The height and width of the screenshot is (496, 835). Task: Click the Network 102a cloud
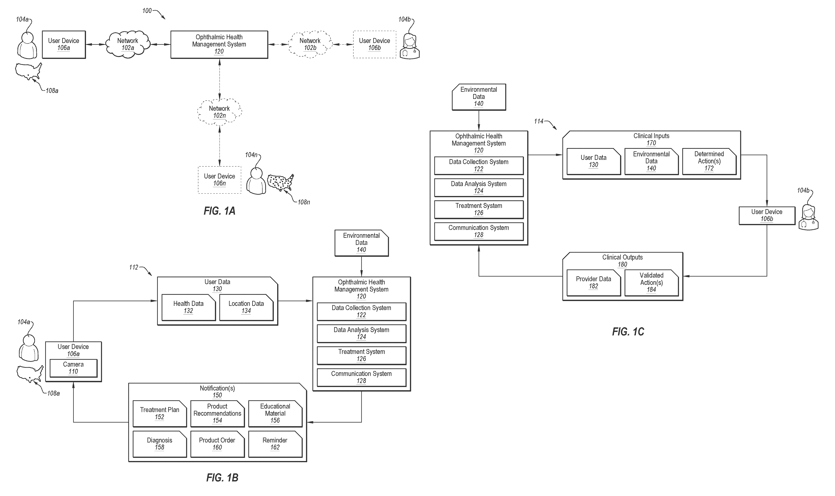click(x=128, y=44)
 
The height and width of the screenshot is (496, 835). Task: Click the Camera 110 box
click(x=73, y=368)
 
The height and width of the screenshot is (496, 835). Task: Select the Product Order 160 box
click(x=217, y=444)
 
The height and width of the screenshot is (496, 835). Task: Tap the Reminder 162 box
click(x=275, y=444)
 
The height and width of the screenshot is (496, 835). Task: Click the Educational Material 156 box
click(x=275, y=413)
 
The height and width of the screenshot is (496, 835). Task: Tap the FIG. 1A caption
click(x=220, y=211)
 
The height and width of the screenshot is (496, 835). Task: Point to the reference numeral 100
click(x=147, y=11)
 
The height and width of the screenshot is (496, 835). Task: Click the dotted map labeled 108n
click(x=281, y=182)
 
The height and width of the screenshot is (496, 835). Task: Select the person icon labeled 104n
click(x=256, y=181)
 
